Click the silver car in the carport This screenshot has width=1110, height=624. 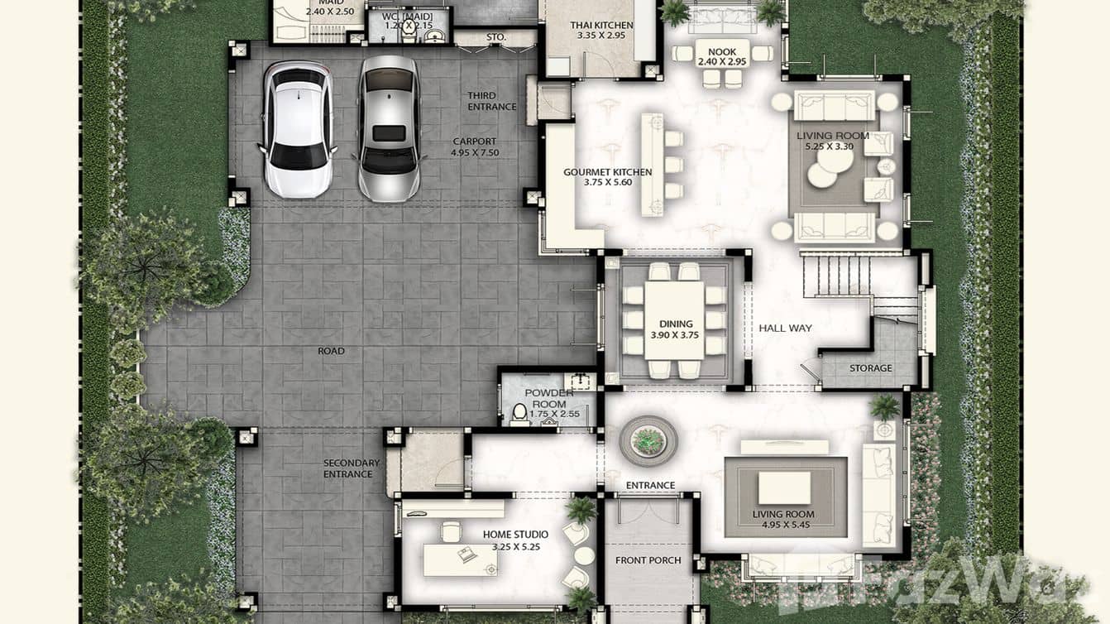[x=388, y=129]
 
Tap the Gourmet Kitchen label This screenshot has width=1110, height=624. [x=607, y=172]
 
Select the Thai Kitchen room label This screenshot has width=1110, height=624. [x=601, y=26]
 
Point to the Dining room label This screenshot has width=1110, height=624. [x=676, y=324]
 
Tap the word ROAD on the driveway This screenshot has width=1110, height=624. [x=331, y=351]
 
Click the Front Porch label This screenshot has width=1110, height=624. [x=648, y=560]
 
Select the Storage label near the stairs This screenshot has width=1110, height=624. [x=871, y=368]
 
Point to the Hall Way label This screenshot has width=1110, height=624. [x=785, y=329]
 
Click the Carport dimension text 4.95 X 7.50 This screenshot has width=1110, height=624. [x=475, y=153]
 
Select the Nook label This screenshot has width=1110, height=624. [x=721, y=52]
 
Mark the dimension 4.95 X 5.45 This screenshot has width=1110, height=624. [x=782, y=525]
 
